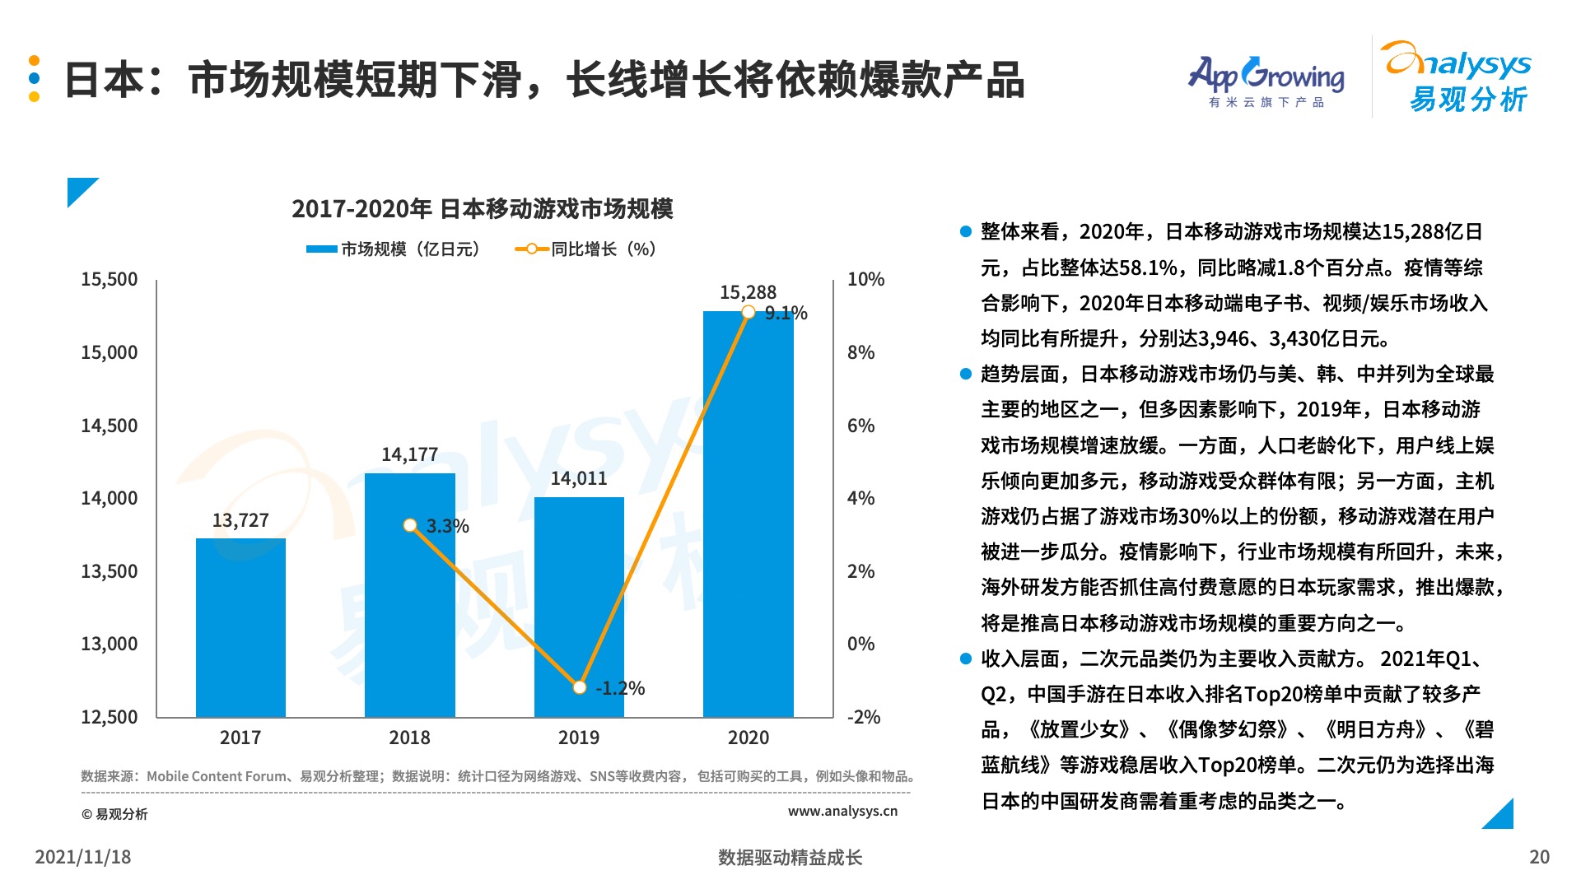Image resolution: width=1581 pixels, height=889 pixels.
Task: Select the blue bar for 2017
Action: pos(240,626)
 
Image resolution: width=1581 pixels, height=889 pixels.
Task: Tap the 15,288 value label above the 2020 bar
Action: pos(748,292)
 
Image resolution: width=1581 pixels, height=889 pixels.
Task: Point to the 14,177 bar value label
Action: pos(409,454)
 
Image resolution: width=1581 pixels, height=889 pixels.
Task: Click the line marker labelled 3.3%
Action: pos(410,525)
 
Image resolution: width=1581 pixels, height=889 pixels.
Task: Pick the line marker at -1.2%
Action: pos(580,687)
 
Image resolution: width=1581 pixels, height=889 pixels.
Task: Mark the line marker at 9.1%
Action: pos(749,312)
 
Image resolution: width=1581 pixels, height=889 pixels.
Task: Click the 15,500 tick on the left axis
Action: pos(109,279)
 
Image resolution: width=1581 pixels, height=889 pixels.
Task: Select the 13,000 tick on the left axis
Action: pos(109,644)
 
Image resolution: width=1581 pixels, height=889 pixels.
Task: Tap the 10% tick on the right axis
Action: pos(865,279)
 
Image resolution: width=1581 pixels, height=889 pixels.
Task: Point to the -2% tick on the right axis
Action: pos(864,717)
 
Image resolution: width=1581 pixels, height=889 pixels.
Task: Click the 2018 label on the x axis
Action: pos(409,738)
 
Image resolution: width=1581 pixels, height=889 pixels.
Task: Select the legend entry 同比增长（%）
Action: pos(586,249)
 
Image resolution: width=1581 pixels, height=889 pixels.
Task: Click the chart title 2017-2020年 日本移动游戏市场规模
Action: pos(482,209)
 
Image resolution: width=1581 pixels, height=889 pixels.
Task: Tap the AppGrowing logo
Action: pos(1266,81)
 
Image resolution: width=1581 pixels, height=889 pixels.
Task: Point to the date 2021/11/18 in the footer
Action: pos(83,857)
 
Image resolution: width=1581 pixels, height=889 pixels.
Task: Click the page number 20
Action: pos(1539,857)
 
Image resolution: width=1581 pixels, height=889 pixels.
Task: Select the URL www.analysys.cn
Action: pos(842,811)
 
